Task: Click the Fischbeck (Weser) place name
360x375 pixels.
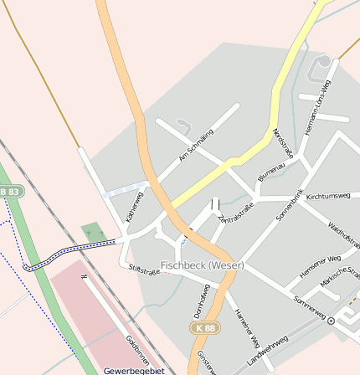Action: [202, 265]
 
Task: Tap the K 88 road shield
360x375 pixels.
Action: [205, 328]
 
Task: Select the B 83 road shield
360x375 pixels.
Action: [10, 192]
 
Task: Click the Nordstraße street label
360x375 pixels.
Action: [284, 143]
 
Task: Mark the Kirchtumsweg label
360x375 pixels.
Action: [328, 195]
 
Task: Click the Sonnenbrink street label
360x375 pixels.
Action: [290, 206]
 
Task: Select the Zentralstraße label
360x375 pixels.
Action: [234, 213]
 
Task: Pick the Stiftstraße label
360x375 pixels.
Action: [144, 270]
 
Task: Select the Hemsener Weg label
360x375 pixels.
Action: [320, 266]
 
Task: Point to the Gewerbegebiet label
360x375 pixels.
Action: [134, 370]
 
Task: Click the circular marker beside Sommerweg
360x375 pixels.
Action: [331, 321]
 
